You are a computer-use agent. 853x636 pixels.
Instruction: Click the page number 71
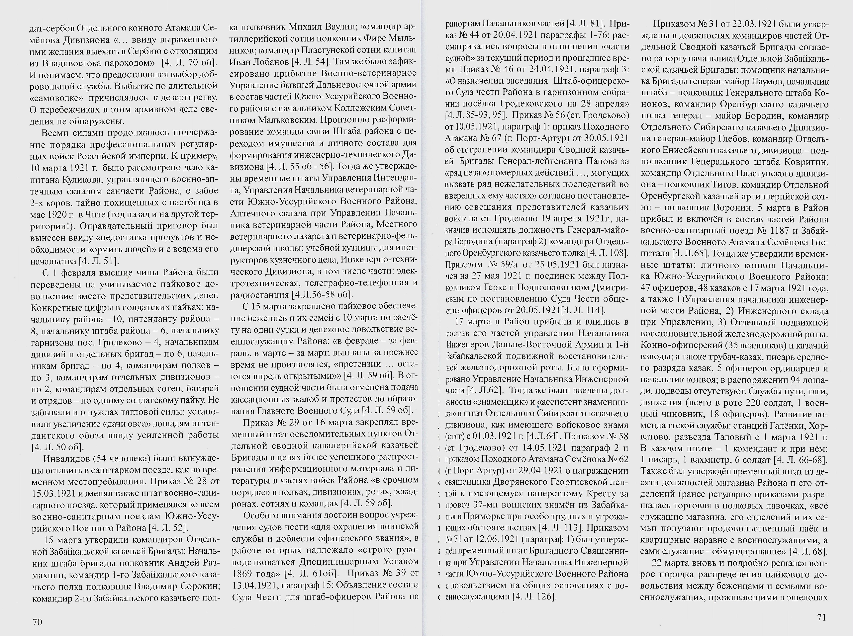(x=821, y=617)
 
